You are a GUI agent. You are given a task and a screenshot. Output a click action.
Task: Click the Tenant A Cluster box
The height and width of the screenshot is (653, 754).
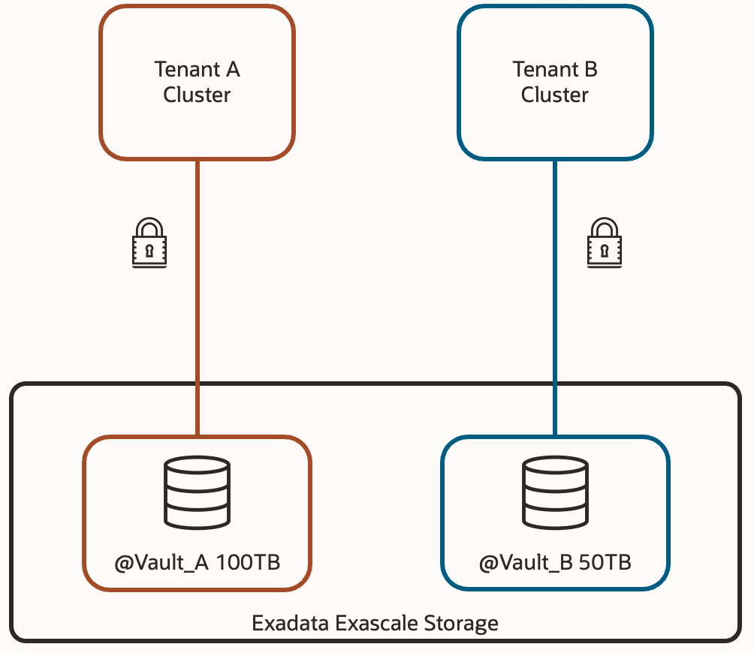(197, 82)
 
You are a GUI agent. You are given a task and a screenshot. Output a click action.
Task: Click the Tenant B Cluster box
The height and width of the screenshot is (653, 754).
(555, 82)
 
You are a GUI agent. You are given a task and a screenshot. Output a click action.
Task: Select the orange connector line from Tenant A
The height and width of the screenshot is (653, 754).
(198, 300)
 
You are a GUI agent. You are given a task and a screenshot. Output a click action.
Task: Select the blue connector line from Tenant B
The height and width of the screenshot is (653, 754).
(555, 300)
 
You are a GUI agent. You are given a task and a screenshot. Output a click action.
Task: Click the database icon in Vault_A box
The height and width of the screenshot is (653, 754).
(197, 492)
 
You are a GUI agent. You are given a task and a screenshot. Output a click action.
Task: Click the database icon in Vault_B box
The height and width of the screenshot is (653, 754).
(555, 492)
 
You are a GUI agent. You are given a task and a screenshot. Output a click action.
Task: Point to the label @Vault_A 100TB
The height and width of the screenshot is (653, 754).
(197, 562)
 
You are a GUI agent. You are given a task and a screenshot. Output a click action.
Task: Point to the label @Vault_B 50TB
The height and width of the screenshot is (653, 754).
(555, 562)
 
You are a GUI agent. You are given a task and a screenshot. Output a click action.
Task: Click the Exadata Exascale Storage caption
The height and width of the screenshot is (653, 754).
(375, 623)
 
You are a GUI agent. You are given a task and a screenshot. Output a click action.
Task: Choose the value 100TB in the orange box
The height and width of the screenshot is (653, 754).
(248, 562)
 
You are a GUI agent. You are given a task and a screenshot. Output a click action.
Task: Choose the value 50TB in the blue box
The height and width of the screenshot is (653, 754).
(605, 562)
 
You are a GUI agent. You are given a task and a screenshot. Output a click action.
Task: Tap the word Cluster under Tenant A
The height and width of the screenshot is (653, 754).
(197, 95)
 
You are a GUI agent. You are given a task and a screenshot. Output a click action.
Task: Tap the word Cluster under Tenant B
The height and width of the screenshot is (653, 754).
(555, 95)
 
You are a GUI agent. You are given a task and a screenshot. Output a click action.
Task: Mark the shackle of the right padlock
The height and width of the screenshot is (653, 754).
(605, 227)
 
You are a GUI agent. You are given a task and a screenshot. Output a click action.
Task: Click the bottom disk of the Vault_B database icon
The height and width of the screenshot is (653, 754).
(555, 516)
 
